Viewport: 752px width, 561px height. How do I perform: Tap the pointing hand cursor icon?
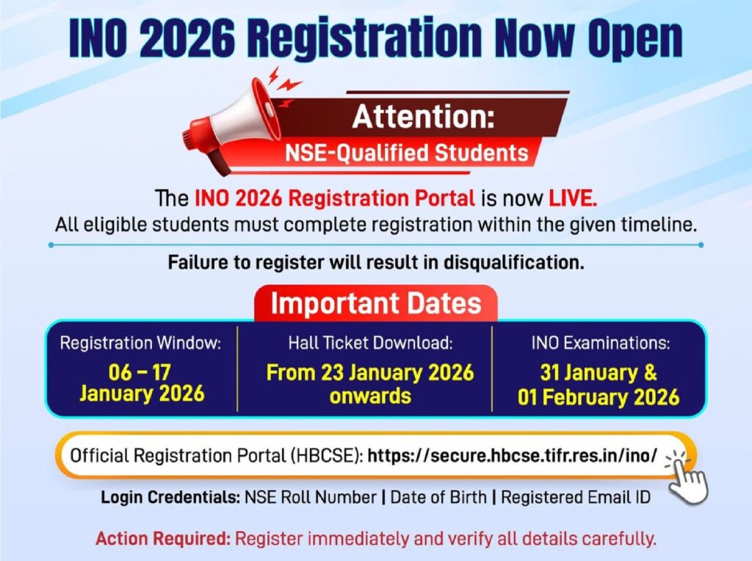click(687, 477)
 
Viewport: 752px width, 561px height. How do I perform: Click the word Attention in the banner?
click(424, 117)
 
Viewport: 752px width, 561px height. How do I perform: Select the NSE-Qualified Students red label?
click(406, 153)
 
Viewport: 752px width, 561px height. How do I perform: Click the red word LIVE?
click(573, 198)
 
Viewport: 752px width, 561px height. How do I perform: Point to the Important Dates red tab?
click(376, 303)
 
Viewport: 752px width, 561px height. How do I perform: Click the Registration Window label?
click(140, 344)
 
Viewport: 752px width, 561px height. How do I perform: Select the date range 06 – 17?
click(140, 372)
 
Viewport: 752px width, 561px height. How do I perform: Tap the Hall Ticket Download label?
click(371, 343)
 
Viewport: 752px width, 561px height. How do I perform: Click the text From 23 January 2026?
click(370, 372)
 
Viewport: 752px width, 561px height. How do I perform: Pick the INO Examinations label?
click(601, 343)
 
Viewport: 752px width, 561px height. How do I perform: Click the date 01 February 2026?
click(599, 397)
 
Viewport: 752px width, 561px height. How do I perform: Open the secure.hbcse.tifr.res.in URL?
click(512, 455)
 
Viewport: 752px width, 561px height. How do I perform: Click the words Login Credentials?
click(170, 497)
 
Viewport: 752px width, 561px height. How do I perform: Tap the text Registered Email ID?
click(576, 497)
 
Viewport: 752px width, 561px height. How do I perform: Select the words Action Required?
click(164, 539)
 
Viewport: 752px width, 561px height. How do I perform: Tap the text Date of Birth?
click(438, 497)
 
